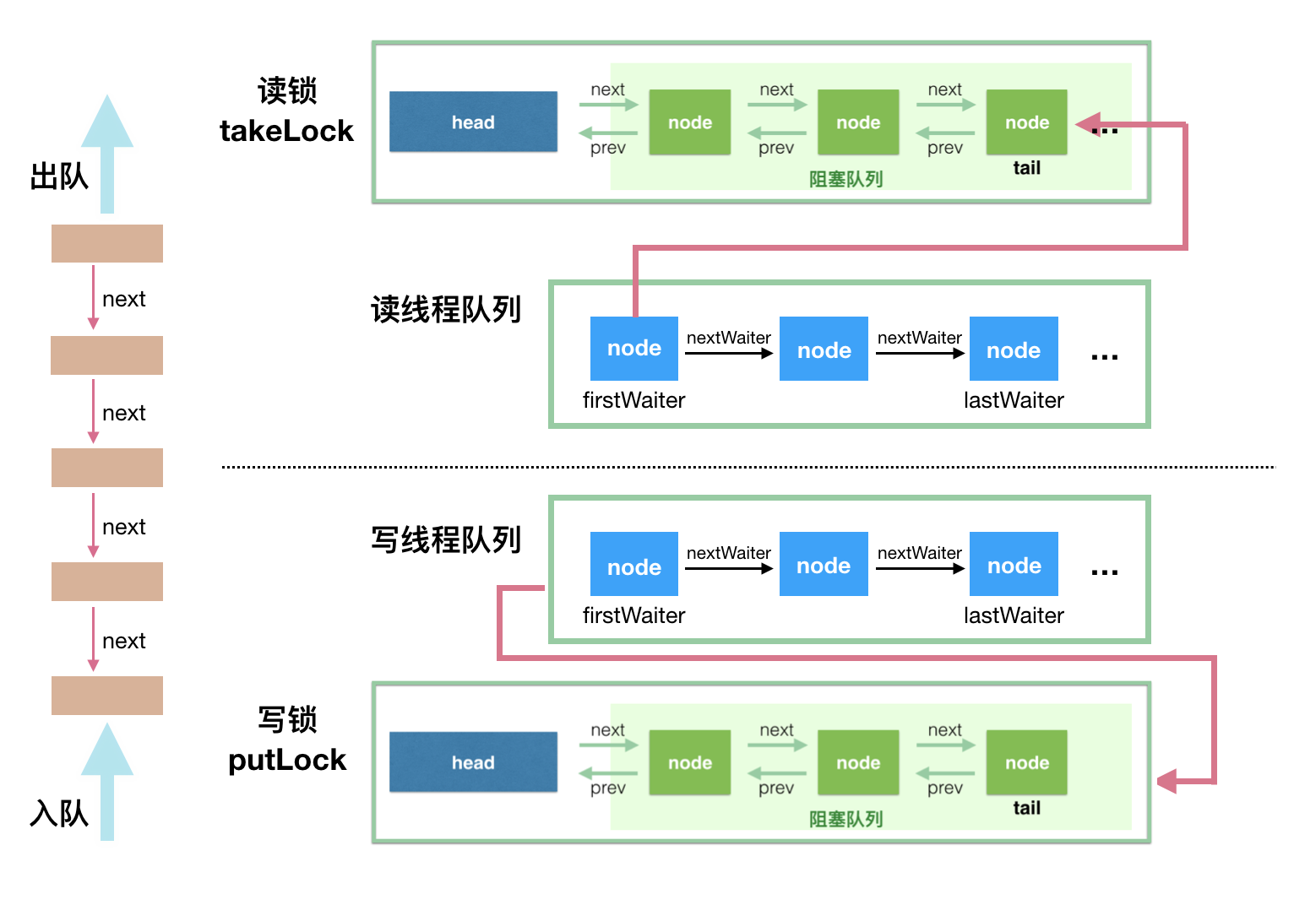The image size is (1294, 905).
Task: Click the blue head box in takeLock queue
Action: point(473,122)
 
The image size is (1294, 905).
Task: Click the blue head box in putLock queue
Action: point(473,761)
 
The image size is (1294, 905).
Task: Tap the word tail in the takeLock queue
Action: point(1026,168)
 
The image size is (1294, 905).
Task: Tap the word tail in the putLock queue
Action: point(1026,808)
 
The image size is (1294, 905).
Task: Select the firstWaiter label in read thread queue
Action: point(633,400)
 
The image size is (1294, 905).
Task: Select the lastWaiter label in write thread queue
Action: point(1014,615)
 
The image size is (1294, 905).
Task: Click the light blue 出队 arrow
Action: point(107,152)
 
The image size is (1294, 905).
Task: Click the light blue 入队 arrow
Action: point(107,781)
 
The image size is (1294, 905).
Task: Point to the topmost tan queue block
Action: point(107,243)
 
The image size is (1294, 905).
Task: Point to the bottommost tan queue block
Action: point(107,695)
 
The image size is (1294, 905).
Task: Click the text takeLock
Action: point(286,131)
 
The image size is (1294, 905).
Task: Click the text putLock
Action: point(287,760)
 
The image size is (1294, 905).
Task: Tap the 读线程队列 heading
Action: point(446,310)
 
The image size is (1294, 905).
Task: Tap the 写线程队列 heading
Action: point(446,540)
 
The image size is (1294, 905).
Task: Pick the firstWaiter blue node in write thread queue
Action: point(634,564)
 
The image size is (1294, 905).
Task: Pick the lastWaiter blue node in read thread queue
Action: point(1014,349)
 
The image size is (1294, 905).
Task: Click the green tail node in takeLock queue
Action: point(1026,122)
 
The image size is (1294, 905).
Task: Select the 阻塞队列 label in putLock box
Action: point(845,819)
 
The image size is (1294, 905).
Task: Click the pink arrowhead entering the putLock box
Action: point(1168,782)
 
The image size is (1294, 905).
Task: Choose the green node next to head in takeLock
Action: point(689,122)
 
